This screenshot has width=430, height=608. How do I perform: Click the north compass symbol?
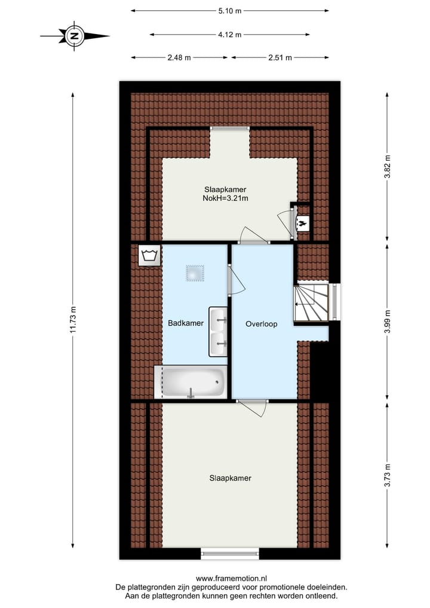75,36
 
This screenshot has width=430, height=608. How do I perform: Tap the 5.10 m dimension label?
229,10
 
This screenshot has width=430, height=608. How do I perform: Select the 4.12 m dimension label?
229,35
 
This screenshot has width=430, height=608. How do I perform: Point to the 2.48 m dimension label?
180,57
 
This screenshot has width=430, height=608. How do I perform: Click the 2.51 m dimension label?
280,57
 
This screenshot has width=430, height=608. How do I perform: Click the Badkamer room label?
185,323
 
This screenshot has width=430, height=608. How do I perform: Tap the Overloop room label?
261,324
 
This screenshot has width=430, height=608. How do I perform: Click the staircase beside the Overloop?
311,304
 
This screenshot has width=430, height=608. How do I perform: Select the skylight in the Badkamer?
193,273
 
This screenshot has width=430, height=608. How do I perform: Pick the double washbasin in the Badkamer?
218,332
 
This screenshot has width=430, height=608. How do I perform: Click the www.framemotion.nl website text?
231,578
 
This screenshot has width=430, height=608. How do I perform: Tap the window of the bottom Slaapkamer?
230,554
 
